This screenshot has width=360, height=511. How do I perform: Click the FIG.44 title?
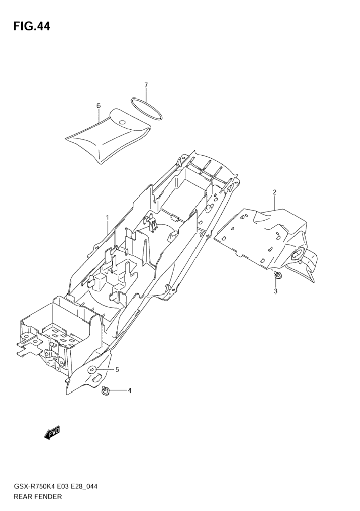pos(32,26)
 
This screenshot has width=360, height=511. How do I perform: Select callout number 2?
pos(274,192)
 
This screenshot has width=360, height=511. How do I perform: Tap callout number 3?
pos(276,291)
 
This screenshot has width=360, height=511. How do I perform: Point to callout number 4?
pos(129,391)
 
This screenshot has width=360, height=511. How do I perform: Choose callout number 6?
pos(99,106)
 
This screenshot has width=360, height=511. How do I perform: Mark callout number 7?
pos(146,85)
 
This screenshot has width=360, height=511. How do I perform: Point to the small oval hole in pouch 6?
pos(122,123)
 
